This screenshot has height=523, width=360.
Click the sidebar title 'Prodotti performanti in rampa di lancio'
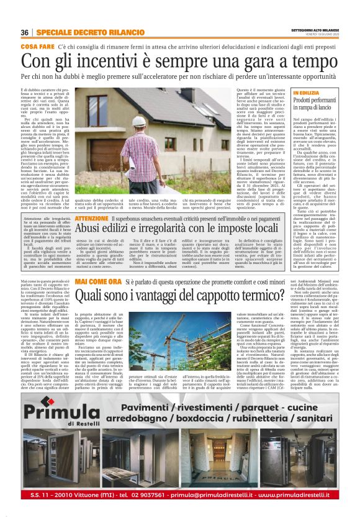point(317,102)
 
